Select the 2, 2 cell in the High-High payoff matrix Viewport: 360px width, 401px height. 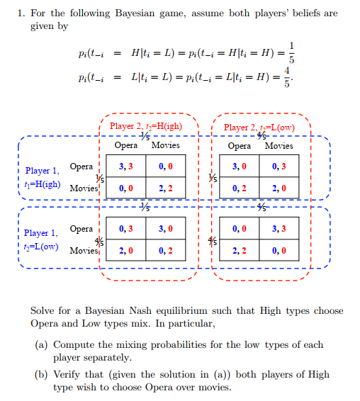click(166, 189)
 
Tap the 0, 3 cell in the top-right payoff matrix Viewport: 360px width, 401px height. click(279, 167)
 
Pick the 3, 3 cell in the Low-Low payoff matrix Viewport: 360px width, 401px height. click(279, 229)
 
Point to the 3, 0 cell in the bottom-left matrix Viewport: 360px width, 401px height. click(166, 229)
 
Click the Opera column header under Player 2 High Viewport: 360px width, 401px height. click(126, 146)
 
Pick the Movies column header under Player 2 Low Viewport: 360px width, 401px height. click(279, 146)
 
